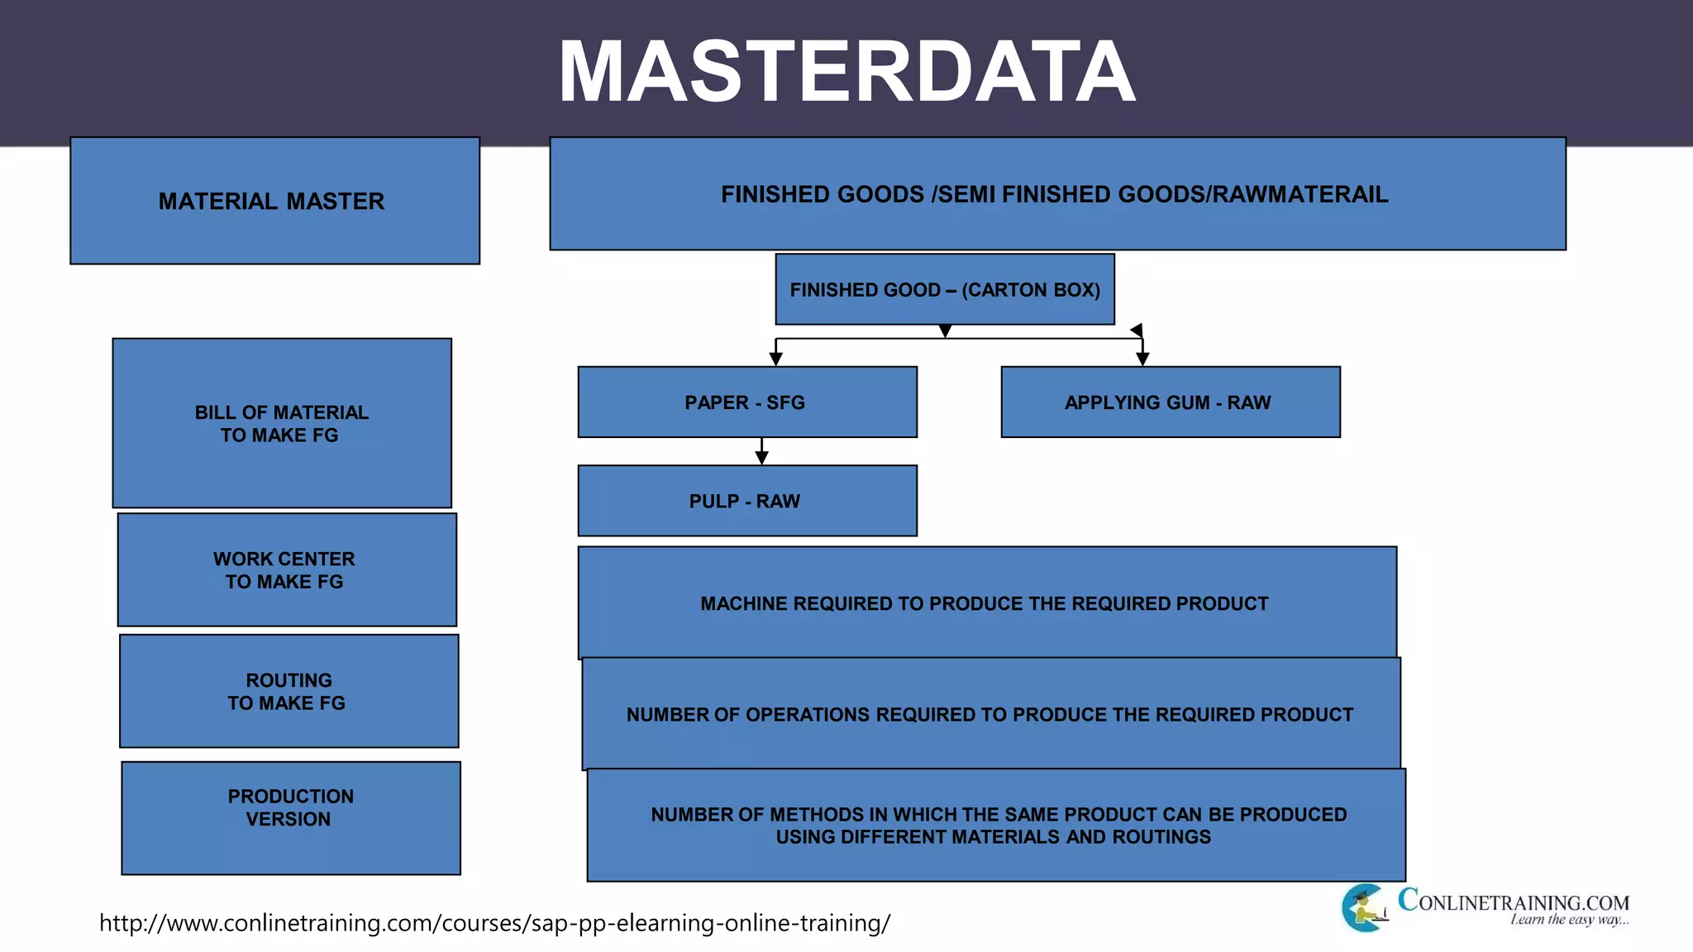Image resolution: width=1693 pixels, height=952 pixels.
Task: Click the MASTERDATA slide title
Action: pyautogui.click(x=846, y=72)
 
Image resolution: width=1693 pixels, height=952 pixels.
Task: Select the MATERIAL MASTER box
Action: pyautogui.click(x=274, y=201)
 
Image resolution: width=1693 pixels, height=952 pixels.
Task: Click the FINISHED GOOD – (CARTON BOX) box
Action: pyautogui.click(x=945, y=289)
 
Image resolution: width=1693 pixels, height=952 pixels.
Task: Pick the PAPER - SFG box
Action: pyautogui.click(x=746, y=402)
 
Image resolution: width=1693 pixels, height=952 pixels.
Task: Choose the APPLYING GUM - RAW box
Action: pyautogui.click(x=1170, y=402)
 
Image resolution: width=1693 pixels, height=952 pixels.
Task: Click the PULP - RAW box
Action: pyautogui.click(x=746, y=501)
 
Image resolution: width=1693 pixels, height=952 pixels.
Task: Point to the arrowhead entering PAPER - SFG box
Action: pyautogui.click(x=775, y=359)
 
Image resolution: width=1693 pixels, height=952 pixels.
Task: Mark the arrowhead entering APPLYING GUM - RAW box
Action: pyautogui.click(x=1142, y=359)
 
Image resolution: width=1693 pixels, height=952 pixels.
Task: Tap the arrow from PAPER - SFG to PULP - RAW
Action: pyautogui.click(x=761, y=452)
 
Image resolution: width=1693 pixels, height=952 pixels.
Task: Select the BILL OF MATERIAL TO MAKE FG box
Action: pyautogui.click(x=282, y=423)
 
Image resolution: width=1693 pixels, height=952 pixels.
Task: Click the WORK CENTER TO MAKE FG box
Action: pyautogui.click(x=286, y=570)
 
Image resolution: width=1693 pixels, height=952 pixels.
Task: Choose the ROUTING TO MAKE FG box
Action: pyautogui.click(x=289, y=691)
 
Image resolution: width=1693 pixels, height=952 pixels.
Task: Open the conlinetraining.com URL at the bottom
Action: pyautogui.click(x=494, y=923)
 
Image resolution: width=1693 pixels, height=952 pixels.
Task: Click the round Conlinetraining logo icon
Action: pyautogui.click(x=1364, y=908)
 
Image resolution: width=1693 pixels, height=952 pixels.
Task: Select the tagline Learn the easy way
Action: pyautogui.click(x=1568, y=920)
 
